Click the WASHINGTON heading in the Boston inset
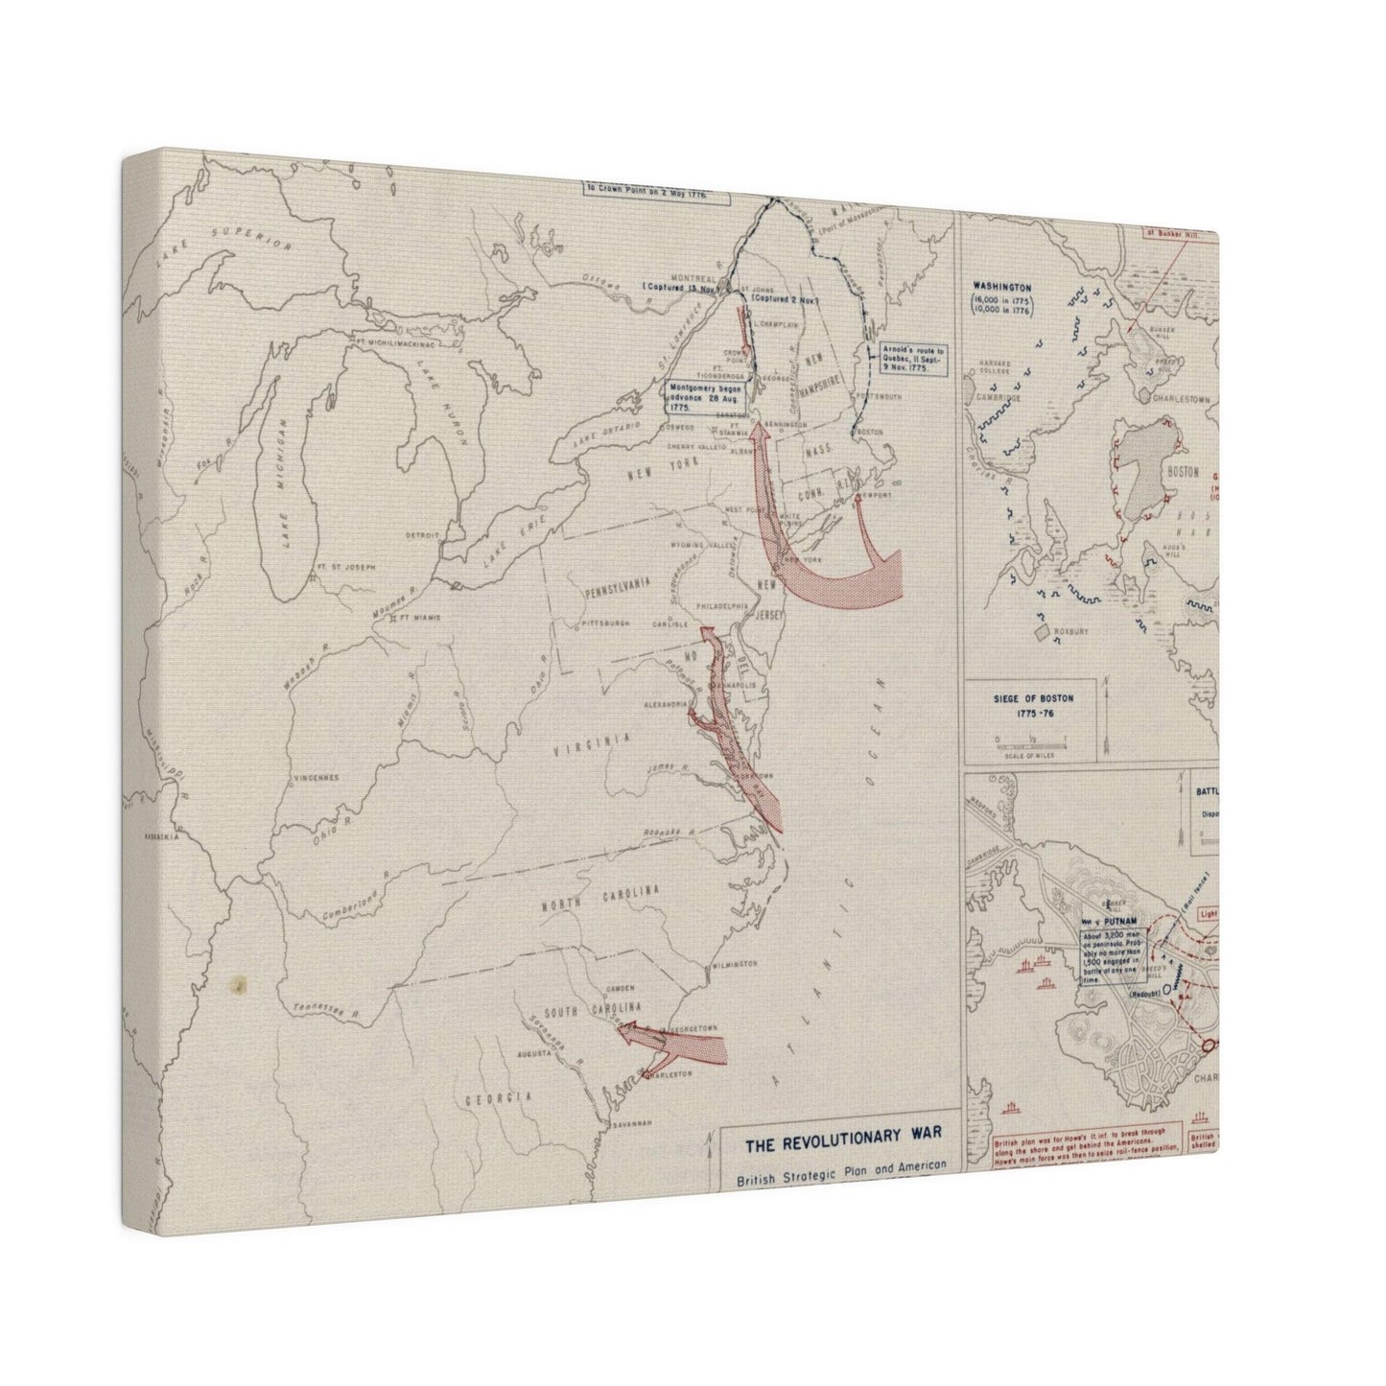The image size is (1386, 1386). tap(1001, 286)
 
